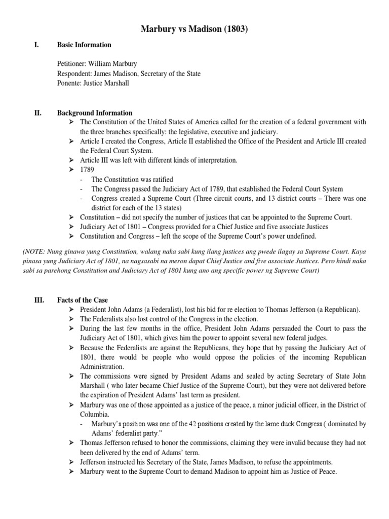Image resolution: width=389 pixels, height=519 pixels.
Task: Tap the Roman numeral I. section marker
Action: pos(35,45)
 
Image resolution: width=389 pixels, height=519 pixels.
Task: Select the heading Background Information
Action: pos(95,113)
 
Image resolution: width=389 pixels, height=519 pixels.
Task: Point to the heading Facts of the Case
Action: pos(83,301)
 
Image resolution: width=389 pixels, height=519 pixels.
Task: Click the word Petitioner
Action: pos(71,64)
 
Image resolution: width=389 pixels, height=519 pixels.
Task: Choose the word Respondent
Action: pos(74,74)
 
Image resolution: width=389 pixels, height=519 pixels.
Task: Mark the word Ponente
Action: pos(70,84)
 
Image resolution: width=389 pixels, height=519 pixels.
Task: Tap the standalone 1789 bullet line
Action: pos(87,170)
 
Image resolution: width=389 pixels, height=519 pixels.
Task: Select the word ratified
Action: pos(161,179)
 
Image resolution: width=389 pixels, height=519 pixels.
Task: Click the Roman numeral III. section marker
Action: pos(39,301)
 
